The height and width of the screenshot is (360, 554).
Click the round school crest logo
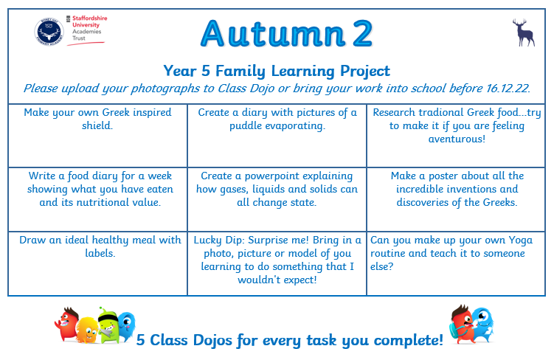(49, 32)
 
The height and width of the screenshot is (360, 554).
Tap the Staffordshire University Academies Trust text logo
(87, 30)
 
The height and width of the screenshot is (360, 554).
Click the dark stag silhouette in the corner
(524, 32)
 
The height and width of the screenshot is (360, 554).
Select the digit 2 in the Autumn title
(362, 33)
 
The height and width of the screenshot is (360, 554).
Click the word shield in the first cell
(97, 125)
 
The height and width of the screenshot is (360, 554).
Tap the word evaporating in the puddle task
(294, 126)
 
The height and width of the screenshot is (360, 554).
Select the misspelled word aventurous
(457, 139)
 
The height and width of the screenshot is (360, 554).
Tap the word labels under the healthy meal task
(100, 253)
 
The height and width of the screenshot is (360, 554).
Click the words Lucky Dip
(218, 240)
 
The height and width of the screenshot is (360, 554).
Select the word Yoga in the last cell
(520, 240)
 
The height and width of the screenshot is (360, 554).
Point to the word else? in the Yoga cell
(381, 266)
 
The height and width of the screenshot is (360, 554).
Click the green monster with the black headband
(109, 325)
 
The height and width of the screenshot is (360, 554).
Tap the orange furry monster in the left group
(87, 330)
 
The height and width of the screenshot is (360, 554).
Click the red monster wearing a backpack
(461, 324)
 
